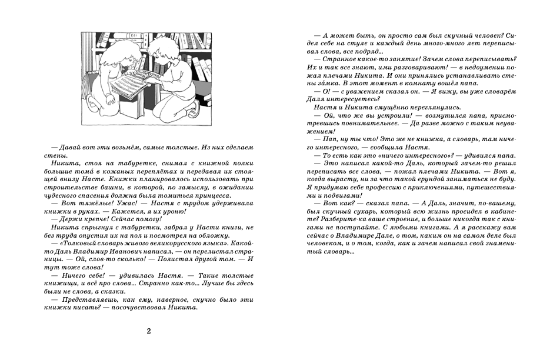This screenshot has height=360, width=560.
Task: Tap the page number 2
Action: [149, 331]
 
